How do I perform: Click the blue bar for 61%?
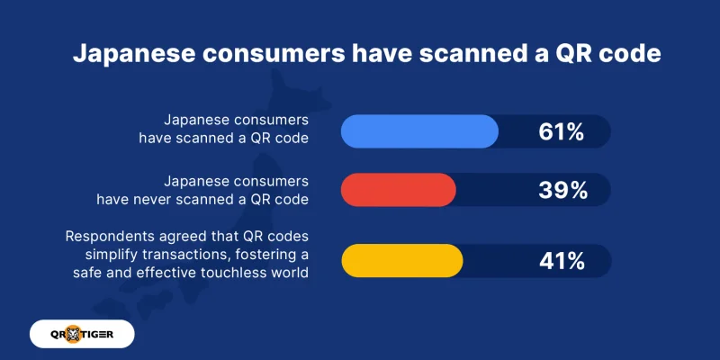(419, 132)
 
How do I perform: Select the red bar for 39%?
(399, 190)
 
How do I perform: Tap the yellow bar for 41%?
(402, 261)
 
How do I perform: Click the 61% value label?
(562, 133)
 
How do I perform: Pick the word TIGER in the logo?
(107, 335)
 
